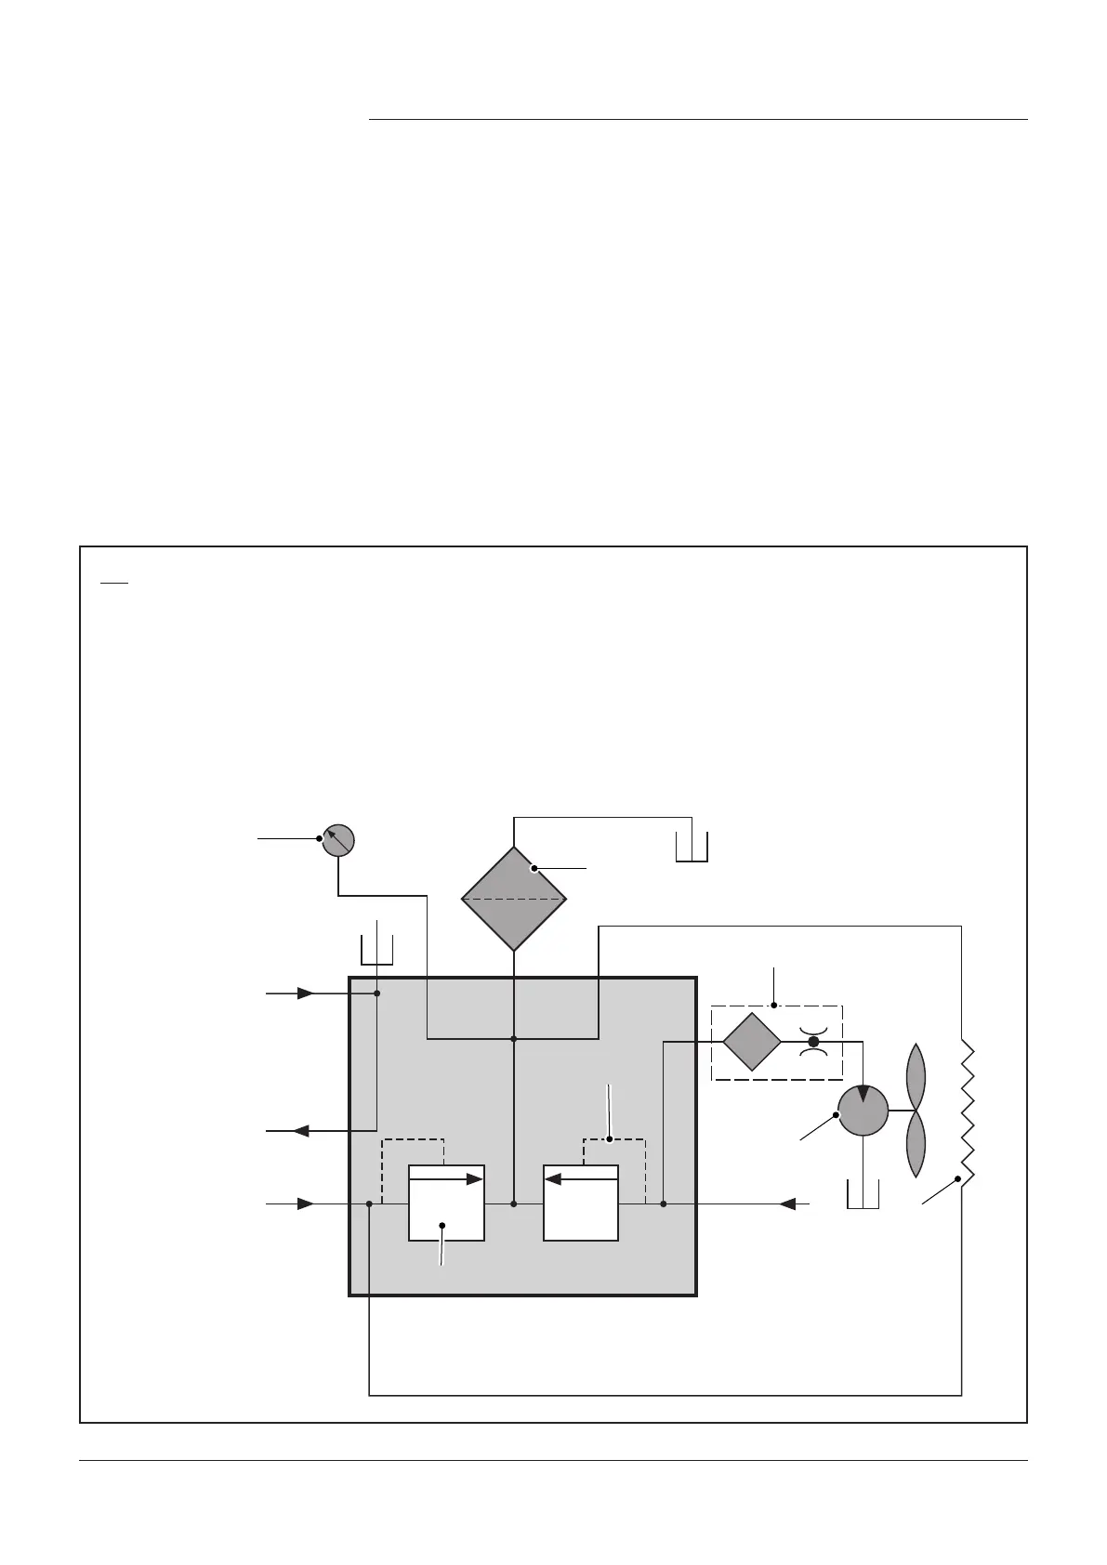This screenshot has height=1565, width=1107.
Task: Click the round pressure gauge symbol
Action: click(338, 839)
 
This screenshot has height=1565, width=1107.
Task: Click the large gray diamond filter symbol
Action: click(514, 899)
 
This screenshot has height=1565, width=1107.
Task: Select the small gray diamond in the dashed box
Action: click(752, 1042)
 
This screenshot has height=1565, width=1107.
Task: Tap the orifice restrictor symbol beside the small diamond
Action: click(813, 1042)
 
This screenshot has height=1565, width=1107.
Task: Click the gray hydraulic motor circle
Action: click(863, 1111)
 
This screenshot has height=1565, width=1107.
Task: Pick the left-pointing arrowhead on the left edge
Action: click(301, 1131)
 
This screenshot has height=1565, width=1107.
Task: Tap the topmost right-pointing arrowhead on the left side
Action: click(305, 993)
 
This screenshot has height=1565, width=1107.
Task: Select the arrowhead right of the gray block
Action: click(787, 1204)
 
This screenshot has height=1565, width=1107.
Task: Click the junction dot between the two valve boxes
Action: click(514, 1204)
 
